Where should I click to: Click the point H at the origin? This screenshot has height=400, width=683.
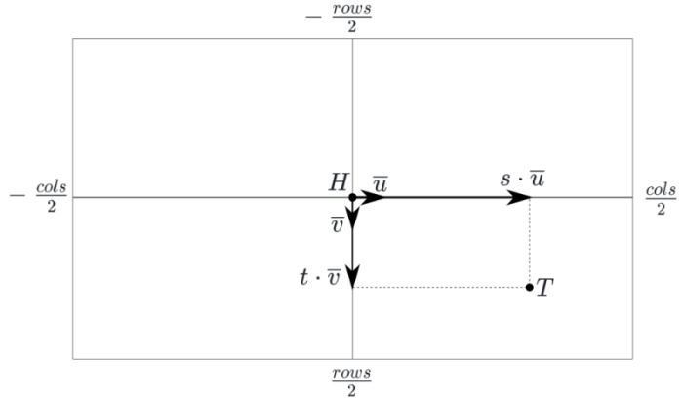(x=352, y=197)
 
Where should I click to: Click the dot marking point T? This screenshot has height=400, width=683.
(x=529, y=287)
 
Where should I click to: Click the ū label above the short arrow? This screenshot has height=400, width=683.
(x=380, y=182)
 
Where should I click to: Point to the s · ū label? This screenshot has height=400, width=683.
(x=522, y=180)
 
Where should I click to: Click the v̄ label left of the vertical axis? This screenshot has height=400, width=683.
(x=336, y=223)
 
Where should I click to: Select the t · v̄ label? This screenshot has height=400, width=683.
(x=320, y=277)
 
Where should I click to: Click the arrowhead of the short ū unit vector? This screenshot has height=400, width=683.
(x=377, y=197)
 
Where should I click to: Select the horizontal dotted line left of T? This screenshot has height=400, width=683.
(x=439, y=287)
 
